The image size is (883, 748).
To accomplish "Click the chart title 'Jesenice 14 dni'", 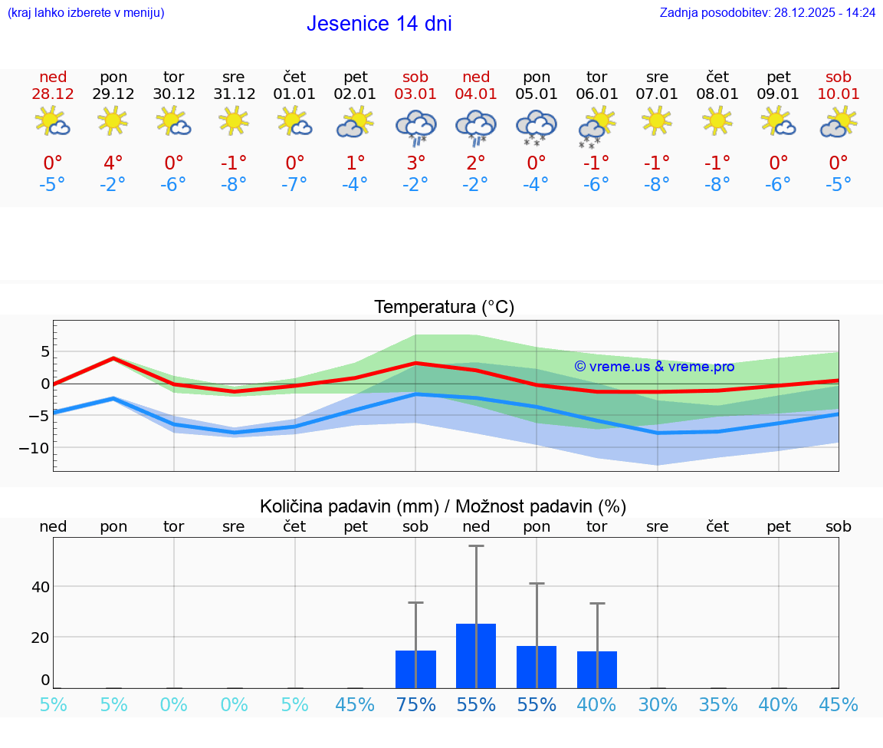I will [x=379, y=24].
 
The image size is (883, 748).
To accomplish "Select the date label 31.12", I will [x=234, y=94].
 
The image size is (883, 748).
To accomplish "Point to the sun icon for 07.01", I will [x=657, y=120].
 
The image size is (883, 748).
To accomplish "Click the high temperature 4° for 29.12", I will [x=113, y=163].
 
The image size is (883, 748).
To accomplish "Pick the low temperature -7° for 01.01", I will [x=294, y=184].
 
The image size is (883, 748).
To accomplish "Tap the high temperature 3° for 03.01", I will [x=415, y=163].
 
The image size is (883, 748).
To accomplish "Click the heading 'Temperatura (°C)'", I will [x=444, y=307].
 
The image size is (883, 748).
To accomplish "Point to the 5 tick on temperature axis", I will [x=45, y=351].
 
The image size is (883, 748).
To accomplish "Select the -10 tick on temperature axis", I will [x=40, y=447].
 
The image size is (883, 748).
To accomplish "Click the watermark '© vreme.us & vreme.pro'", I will [x=654, y=367].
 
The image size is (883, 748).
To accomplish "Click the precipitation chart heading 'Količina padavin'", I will [x=443, y=506].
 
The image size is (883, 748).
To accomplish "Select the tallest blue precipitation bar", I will [x=476, y=656].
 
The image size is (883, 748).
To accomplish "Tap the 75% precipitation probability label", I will [x=415, y=704].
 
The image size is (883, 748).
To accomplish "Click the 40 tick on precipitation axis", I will [x=40, y=587].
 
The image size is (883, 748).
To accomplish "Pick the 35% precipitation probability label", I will [x=717, y=704].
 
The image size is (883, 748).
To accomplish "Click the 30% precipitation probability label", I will [x=658, y=704].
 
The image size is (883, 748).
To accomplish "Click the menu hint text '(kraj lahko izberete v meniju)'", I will [x=86, y=12].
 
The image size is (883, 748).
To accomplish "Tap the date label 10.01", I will [x=839, y=94].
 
